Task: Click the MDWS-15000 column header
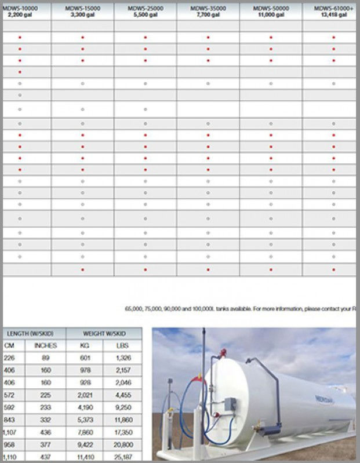tap(82, 8)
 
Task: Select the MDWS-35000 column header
tap(208, 8)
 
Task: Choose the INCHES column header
tap(45, 346)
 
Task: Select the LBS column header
tap(122, 346)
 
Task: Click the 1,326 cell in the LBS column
tap(122, 358)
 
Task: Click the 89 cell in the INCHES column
tap(45, 358)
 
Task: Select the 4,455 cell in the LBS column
tap(122, 395)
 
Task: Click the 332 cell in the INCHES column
tap(45, 420)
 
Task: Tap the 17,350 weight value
tap(122, 432)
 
